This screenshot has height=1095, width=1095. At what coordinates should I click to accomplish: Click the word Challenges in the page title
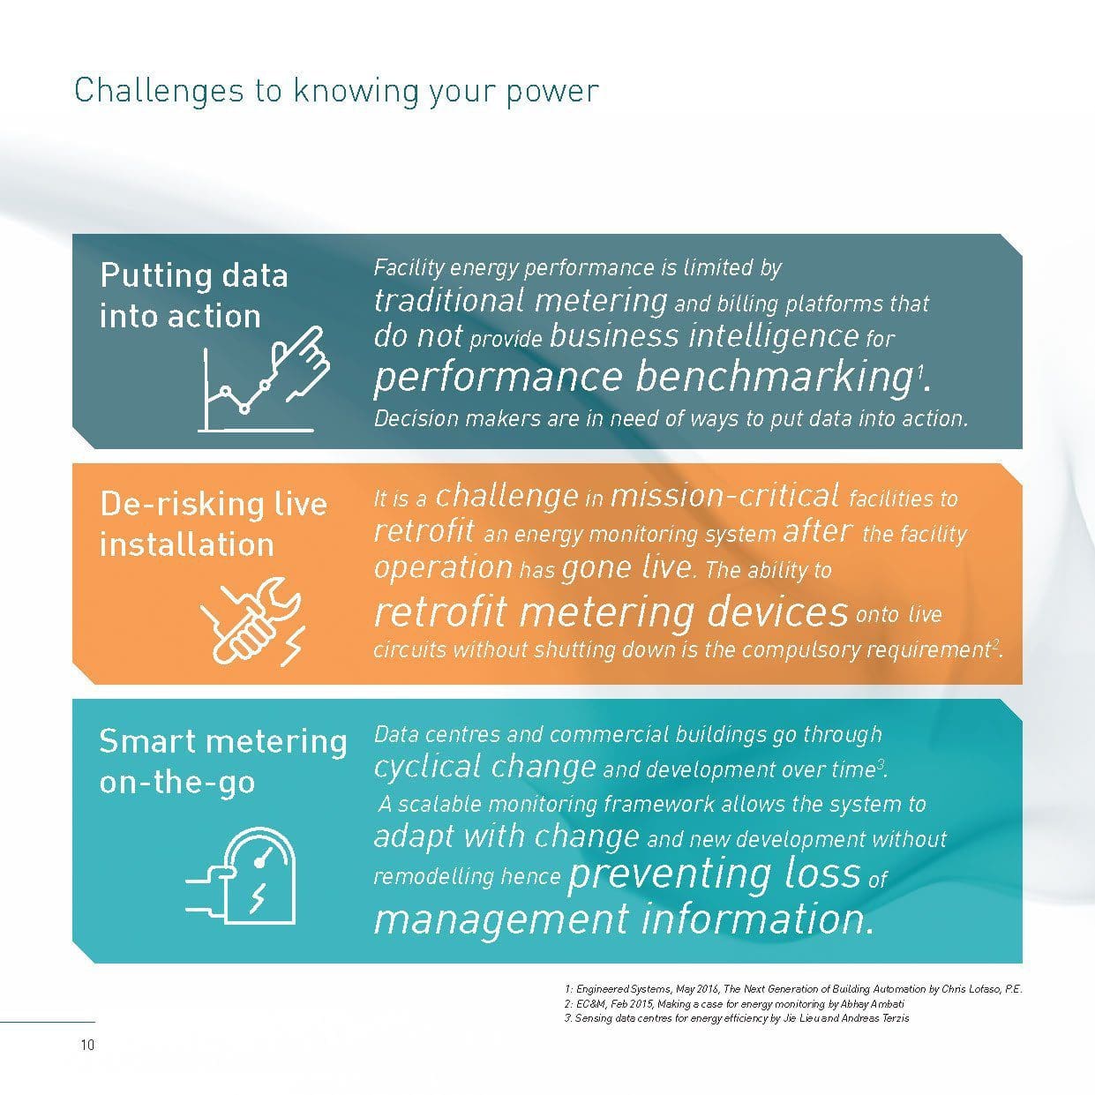pyautogui.click(x=159, y=92)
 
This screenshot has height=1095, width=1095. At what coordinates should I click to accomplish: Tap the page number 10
pyautogui.click(x=87, y=1045)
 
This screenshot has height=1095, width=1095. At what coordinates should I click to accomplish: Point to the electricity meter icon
pyautogui.click(x=242, y=875)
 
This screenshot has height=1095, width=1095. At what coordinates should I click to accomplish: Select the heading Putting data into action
pyautogui.click(x=194, y=296)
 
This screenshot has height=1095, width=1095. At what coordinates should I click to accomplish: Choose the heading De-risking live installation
pyautogui.click(x=214, y=524)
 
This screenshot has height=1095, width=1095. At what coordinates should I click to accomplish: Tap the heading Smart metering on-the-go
pyautogui.click(x=222, y=762)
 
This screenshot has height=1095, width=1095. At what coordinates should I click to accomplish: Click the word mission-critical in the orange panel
pyautogui.click(x=724, y=496)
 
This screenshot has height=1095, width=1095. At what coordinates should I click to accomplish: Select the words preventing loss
pyautogui.click(x=715, y=874)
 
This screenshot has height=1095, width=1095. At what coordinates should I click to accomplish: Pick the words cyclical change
pyautogui.click(x=484, y=768)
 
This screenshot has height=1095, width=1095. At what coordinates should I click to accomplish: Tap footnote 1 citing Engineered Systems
pyautogui.click(x=793, y=989)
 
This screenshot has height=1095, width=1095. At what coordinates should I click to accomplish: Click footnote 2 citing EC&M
pyautogui.click(x=734, y=1004)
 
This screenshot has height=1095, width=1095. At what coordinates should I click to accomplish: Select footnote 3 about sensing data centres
pyautogui.click(x=737, y=1018)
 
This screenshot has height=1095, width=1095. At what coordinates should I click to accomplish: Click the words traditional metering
pyautogui.click(x=521, y=301)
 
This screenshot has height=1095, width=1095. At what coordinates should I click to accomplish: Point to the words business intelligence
pyautogui.click(x=705, y=336)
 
